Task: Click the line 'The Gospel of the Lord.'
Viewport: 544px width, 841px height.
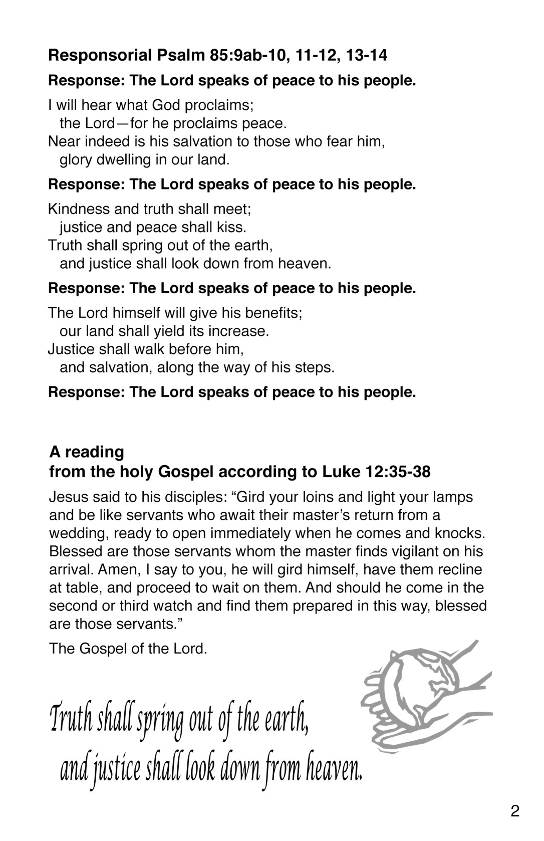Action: [x=128, y=649]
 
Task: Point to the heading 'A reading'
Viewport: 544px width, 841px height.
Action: [x=87, y=452]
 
